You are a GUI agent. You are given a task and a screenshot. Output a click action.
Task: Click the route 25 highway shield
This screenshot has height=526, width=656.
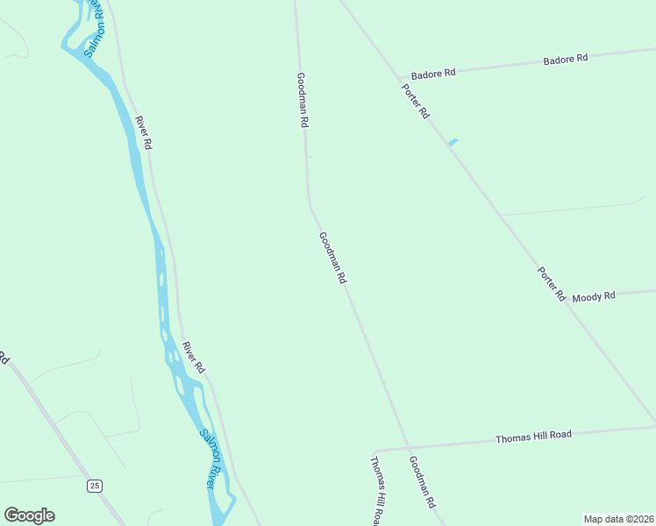point(95,485)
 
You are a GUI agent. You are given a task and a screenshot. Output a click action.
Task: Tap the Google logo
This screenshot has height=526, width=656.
point(29,515)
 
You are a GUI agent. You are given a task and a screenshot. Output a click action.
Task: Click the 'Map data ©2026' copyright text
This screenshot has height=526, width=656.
point(617,518)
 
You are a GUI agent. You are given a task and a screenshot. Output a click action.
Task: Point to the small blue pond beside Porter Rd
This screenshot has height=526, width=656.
point(453,142)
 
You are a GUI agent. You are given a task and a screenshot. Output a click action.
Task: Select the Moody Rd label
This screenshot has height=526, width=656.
point(594,296)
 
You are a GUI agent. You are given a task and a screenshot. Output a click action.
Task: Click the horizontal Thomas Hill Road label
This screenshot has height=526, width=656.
point(533,435)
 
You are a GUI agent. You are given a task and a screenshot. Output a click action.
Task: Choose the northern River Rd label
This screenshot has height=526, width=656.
point(143,131)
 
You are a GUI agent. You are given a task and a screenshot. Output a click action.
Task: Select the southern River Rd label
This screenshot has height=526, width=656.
point(193,357)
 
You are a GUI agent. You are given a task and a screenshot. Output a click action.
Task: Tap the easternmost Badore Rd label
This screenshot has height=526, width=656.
point(565,60)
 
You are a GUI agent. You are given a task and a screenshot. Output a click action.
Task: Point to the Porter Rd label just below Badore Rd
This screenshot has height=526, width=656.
point(416,100)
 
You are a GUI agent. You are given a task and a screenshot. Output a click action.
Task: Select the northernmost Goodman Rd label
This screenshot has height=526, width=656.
point(302,101)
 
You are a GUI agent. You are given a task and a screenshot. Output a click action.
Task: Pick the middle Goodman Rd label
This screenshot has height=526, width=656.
point(333,258)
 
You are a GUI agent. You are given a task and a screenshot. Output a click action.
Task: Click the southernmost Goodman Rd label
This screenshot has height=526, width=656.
point(422,484)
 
